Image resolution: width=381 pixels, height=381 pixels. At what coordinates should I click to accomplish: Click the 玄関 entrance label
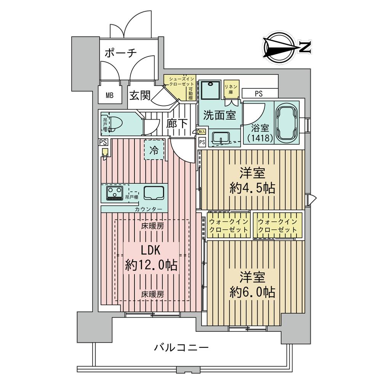139,95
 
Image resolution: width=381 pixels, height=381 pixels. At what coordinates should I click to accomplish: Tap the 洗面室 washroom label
219,115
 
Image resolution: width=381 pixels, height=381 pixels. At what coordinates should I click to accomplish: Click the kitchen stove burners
114,193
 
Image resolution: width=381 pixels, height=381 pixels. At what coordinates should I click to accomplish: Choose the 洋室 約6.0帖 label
252,284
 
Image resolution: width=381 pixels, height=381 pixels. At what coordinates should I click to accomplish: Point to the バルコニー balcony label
181,347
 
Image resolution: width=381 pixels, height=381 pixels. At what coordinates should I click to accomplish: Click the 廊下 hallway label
176,124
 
